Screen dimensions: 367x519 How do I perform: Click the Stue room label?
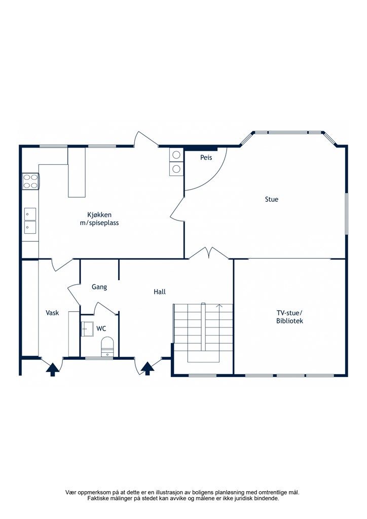[x=271, y=199]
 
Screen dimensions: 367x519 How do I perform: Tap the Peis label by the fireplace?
[x=206, y=158]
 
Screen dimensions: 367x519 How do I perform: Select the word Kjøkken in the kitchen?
[x=99, y=214]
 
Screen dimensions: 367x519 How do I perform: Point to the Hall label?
[x=160, y=291]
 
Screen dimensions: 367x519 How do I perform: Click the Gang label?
[x=99, y=287]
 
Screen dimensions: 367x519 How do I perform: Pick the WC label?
[x=101, y=328]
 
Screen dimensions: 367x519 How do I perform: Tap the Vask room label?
[x=52, y=312]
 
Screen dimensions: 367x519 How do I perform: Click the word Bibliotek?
[x=289, y=321]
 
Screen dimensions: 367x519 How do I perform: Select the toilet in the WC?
[x=107, y=346]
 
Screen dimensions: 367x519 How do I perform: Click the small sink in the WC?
[x=87, y=328]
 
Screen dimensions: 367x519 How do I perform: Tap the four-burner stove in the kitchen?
[x=31, y=181]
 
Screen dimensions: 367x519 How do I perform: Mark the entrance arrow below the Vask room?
[x=52, y=369]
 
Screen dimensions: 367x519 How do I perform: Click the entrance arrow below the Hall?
[x=148, y=368]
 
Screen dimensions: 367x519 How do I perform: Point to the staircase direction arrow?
[x=219, y=306]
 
